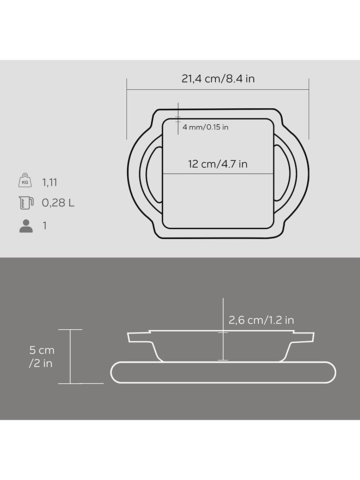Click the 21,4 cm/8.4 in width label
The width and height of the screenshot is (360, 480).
coord(218,79)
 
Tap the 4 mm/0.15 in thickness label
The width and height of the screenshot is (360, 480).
coord(205,127)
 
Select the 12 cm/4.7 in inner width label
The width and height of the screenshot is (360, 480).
coord(218,164)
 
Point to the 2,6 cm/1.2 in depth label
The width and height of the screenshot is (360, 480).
coord(261,320)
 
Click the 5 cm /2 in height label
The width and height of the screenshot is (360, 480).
coord(42,356)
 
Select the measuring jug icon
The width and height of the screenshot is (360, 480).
coord(26,203)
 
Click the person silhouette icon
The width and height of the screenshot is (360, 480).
coord(26,226)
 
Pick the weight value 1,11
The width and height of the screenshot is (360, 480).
coord(49,182)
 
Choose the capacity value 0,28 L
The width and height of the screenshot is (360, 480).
coord(58,203)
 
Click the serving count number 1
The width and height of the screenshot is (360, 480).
coord(44,226)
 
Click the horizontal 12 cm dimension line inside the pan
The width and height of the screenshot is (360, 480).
coord(218,174)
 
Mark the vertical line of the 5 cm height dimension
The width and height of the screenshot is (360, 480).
coord(70,356)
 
